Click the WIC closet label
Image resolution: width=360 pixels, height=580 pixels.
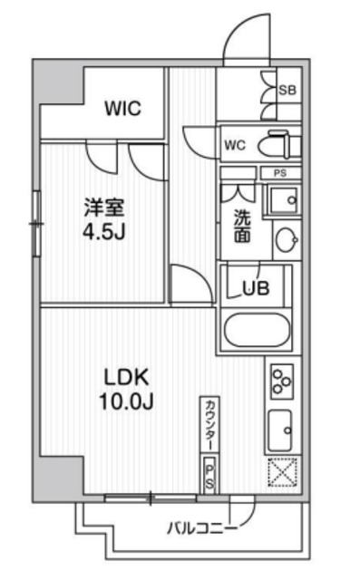(x=122, y=109)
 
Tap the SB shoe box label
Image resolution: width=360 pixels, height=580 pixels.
(x=287, y=89)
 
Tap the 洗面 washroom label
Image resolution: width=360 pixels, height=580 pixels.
(x=243, y=225)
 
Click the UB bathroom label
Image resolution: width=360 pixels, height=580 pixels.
(x=255, y=290)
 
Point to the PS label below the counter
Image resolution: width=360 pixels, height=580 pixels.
(x=209, y=474)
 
